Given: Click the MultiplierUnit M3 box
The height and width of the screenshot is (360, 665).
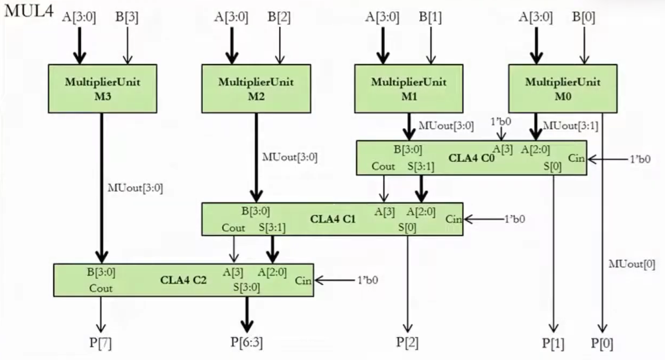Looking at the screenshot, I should pyautogui.click(x=102, y=89).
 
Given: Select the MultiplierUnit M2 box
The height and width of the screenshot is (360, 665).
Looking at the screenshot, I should pyautogui.click(x=256, y=89).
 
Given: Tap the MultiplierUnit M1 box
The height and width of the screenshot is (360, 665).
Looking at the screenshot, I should pyautogui.click(x=408, y=89).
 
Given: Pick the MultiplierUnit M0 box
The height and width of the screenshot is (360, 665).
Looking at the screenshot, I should pyautogui.click(x=562, y=89).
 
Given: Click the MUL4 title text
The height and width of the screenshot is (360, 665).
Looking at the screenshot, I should pyautogui.click(x=29, y=12).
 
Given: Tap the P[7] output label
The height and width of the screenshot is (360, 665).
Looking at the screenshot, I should pyautogui.click(x=100, y=342).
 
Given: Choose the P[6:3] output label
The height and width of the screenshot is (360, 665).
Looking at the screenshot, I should pyautogui.click(x=246, y=342).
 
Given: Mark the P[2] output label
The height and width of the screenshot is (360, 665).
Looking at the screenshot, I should pyautogui.click(x=407, y=342).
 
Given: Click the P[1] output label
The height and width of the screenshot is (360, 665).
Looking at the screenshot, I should pyautogui.click(x=553, y=343).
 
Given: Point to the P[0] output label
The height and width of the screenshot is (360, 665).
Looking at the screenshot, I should pyautogui.click(x=602, y=343).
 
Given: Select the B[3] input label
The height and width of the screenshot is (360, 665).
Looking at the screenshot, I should pyautogui.click(x=127, y=17).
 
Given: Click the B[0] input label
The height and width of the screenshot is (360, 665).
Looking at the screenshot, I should pyautogui.click(x=584, y=17).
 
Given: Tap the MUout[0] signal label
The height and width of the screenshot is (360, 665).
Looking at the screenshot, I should pyautogui.click(x=632, y=264).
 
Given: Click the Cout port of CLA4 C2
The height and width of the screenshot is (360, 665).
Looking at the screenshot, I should pyautogui.click(x=101, y=288).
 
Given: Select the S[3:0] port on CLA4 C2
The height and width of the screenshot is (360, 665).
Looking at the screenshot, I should pyautogui.click(x=246, y=287).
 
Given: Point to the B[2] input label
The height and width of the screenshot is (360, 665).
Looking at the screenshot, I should pyautogui.click(x=279, y=17).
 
